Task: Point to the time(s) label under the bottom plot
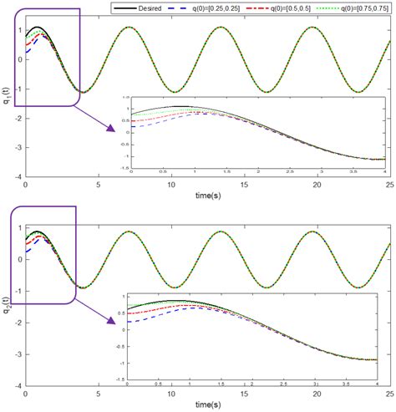pos(206,404)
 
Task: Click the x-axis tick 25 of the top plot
pos(387,184)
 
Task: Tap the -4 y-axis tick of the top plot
pos(17,177)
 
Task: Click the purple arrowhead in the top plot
pos(112,129)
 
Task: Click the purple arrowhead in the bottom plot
pos(112,340)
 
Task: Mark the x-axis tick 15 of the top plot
pos(243,184)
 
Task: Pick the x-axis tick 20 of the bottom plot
pos(316,394)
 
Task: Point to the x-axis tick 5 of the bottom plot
pos(98,394)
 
